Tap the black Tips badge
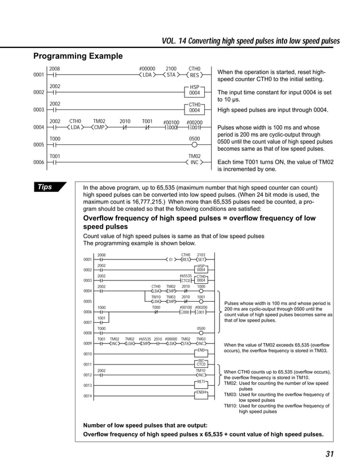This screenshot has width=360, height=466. tap(49, 187)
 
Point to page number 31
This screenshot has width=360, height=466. tap(330, 455)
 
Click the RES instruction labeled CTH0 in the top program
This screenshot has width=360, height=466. tap(194, 74)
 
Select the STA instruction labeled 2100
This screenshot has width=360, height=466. tap(170, 74)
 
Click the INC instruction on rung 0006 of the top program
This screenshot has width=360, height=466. tap(194, 162)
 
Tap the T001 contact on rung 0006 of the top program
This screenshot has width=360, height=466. tap(55, 162)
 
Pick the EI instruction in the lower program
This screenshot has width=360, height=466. tap(170, 260)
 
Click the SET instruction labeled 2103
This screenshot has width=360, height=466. tap(201, 260)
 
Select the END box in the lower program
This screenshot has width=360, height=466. tap(201, 350)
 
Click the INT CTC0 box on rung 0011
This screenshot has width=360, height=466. tap(201, 362)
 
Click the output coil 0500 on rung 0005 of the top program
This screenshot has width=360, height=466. tap(194, 144)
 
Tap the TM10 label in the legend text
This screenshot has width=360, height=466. tap(230, 406)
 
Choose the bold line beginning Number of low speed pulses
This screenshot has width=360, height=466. tap(145, 425)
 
